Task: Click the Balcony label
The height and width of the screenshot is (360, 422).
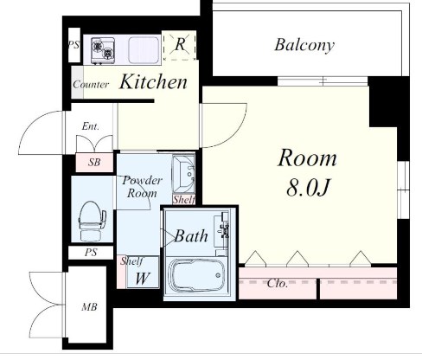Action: (x=304, y=45)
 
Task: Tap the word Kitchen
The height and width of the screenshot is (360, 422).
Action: (x=153, y=81)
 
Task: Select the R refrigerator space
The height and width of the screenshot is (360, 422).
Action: (x=180, y=45)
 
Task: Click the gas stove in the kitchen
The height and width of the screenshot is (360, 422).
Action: (x=103, y=50)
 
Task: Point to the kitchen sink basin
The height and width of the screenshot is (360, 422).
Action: (x=144, y=50)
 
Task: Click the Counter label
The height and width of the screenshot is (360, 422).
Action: (x=91, y=85)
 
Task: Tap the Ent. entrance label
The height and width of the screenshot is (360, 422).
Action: (x=91, y=126)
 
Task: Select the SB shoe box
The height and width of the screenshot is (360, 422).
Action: (x=94, y=163)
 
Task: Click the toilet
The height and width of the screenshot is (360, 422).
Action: (x=92, y=221)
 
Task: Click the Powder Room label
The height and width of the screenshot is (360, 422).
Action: (x=142, y=187)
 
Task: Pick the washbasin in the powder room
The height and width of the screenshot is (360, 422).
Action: (x=183, y=174)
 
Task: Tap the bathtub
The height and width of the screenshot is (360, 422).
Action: (x=196, y=274)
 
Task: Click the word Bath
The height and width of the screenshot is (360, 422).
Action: (x=191, y=236)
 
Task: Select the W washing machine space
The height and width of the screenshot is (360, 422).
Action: (x=143, y=272)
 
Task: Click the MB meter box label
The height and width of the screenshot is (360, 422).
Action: (x=89, y=307)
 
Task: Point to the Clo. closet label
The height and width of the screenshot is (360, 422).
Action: (x=278, y=283)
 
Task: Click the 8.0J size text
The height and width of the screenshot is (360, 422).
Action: (x=308, y=188)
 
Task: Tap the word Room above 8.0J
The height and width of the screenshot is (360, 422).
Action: (x=307, y=158)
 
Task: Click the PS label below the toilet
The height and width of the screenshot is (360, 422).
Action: (x=91, y=253)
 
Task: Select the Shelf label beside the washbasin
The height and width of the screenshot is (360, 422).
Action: (x=183, y=200)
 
